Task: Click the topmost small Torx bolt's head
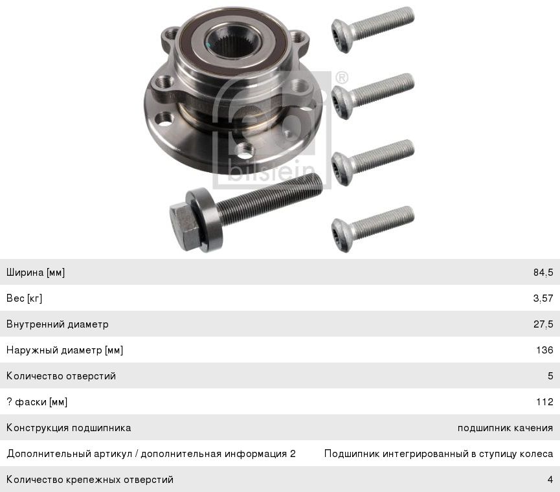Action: pyautogui.click(x=342, y=36)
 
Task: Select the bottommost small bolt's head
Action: pyautogui.click(x=342, y=235)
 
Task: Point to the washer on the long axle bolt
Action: pyautogui.click(x=205, y=219)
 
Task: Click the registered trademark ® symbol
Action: pyautogui.click(x=342, y=78)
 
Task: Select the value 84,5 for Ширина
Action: pyautogui.click(x=543, y=273)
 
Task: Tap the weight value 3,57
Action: pyautogui.click(x=543, y=298)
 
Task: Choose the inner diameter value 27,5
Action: pyautogui.click(x=543, y=324)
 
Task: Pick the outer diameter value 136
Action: pyautogui.click(x=544, y=350)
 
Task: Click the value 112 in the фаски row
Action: pyautogui.click(x=544, y=401)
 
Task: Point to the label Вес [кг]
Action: pyautogui.click(x=25, y=298)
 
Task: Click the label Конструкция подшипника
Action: pyautogui.click(x=69, y=428)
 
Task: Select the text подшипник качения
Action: pyautogui.click(x=506, y=428)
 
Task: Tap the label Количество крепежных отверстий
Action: pyautogui.click(x=89, y=480)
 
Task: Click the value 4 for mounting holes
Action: pyautogui.click(x=550, y=480)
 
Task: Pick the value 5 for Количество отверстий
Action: pyautogui.click(x=550, y=376)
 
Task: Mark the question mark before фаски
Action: pyautogui.click(x=9, y=401)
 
